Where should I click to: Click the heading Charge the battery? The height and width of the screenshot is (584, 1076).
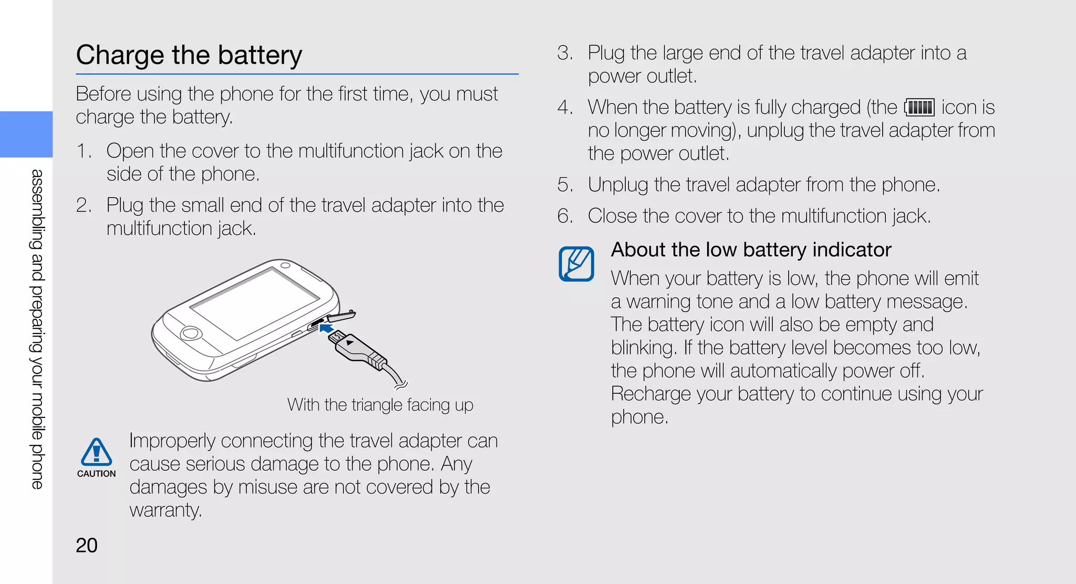(189, 55)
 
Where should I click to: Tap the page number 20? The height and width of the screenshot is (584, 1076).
(87, 545)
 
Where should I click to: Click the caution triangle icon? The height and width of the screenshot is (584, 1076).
(96, 452)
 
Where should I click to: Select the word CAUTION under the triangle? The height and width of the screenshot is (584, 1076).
(96, 474)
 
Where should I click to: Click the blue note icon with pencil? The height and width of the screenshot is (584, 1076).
(576, 264)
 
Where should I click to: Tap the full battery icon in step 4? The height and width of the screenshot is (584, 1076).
(919, 108)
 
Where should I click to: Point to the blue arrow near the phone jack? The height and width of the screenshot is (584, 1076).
(326, 328)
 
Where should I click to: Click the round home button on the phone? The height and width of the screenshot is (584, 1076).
(191, 333)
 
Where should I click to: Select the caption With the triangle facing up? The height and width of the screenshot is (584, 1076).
(380, 405)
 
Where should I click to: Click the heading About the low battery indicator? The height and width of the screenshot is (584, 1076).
(751, 250)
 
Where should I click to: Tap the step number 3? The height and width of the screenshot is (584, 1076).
(565, 53)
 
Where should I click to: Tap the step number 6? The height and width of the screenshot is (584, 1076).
(565, 216)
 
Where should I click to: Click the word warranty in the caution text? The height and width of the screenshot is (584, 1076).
(165, 510)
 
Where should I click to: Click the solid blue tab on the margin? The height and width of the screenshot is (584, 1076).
(26, 134)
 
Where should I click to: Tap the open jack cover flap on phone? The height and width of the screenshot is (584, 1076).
(342, 316)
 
